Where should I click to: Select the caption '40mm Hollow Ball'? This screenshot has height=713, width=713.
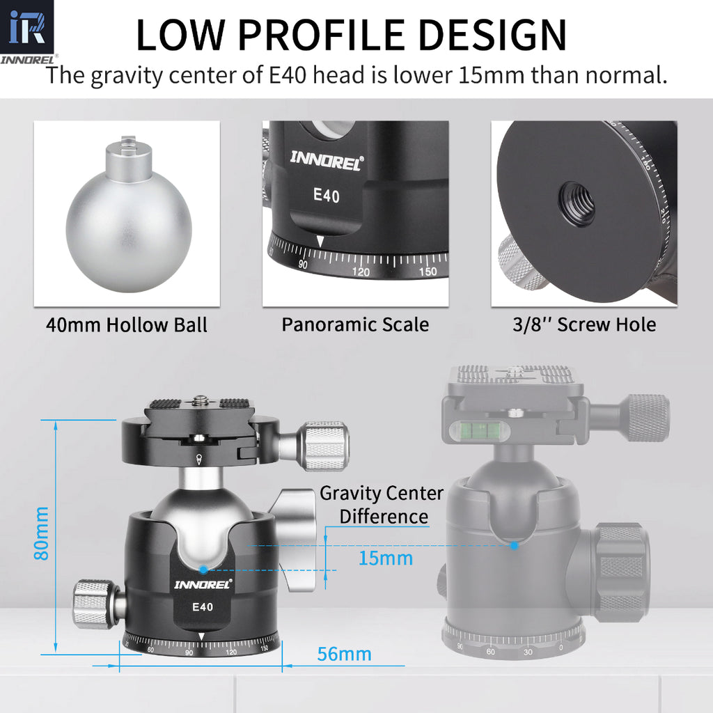coord(127,325)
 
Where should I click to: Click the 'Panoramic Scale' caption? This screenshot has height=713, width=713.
coord(355,324)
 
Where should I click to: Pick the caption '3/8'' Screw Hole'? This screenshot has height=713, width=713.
coord(584,324)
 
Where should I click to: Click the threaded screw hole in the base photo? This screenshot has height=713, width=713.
coord(577,203)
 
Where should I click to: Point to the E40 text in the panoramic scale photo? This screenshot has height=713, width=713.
coord(326,196)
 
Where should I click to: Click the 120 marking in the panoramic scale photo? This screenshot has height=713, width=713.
coord(361,272)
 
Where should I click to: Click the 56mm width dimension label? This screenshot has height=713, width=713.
coord(344,655)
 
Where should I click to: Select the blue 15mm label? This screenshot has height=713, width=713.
coord(386,558)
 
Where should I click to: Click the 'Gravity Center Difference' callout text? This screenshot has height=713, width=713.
coord(382,505)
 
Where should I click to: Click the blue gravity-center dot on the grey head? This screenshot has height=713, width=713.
coord(513,546)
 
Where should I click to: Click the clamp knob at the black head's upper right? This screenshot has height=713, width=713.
coord(324,446)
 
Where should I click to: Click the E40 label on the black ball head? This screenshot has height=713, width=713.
coord(203,606)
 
